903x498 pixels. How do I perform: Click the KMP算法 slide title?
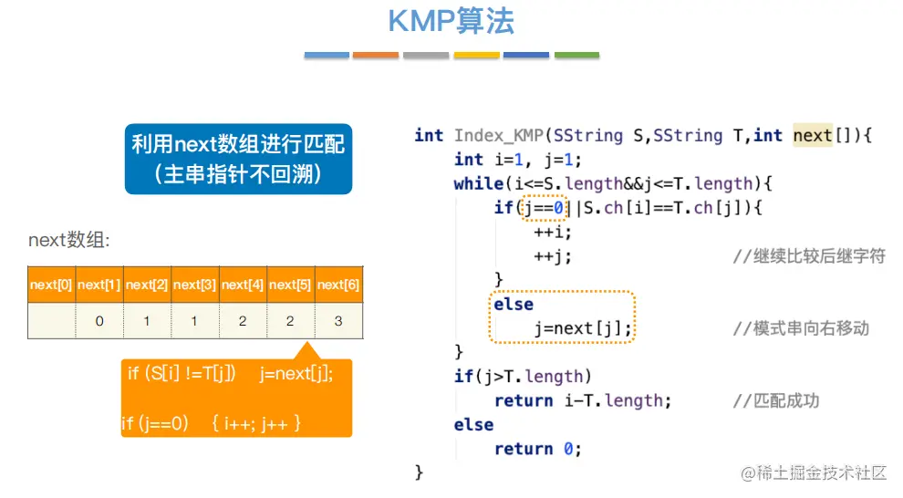click(451, 21)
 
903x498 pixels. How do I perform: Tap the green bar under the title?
click(576, 56)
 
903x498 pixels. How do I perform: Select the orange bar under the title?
click(376, 56)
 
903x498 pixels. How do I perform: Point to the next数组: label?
click(69, 241)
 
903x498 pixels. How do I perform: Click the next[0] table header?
click(51, 285)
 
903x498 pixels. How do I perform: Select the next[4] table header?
click(243, 285)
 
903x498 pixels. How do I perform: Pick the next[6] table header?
click(338, 285)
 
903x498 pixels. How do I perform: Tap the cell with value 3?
click(338, 321)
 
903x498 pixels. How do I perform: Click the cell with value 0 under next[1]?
click(99, 321)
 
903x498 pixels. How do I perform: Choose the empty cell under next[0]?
click(51, 321)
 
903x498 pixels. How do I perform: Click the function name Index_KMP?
click(499, 136)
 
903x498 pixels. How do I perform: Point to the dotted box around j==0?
click(545, 208)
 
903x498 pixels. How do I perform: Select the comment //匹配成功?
click(776, 400)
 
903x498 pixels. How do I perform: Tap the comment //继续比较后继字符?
click(809, 256)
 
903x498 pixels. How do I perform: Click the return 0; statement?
click(537, 449)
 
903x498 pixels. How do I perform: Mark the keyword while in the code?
click(478, 184)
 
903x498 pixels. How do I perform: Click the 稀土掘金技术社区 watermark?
click(814, 472)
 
